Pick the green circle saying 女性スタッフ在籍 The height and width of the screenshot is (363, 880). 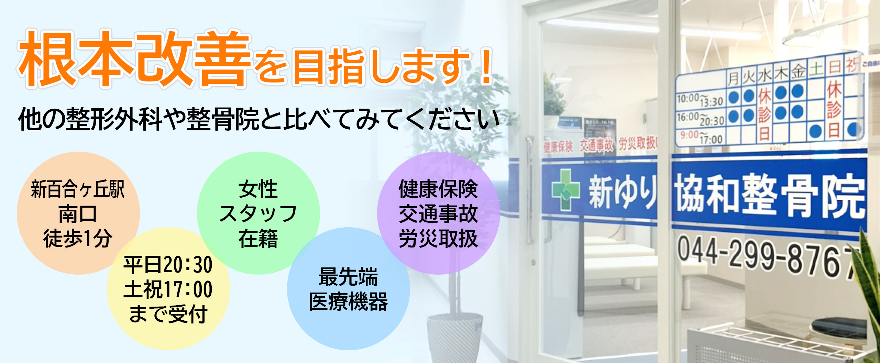[x=258, y=213]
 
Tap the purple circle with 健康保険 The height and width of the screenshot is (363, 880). [x=438, y=213]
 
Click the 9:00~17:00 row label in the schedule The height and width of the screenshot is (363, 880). [x=701, y=137]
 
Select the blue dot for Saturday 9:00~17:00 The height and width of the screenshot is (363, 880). [x=816, y=131]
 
